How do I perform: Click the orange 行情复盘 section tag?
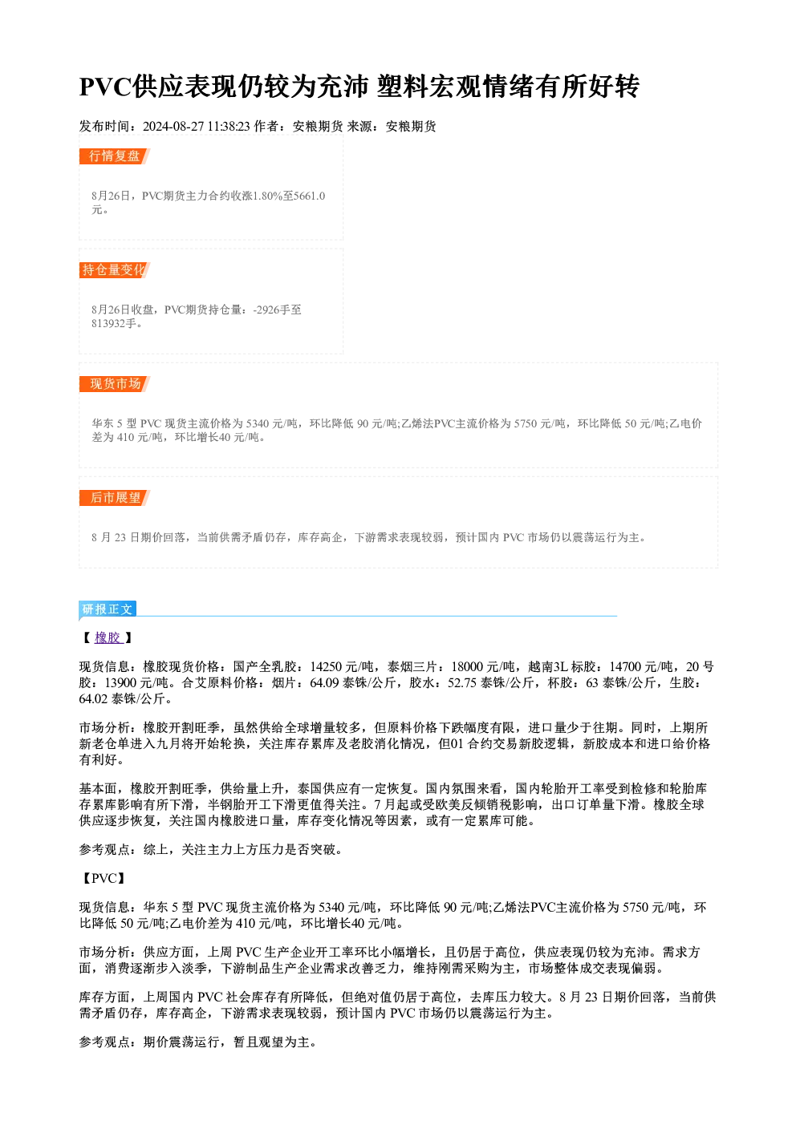[115, 156]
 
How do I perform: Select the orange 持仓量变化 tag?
[115, 270]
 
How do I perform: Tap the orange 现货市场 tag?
[115, 384]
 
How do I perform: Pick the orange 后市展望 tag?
[115, 498]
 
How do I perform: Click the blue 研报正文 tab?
[108, 609]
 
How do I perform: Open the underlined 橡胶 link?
[108, 637]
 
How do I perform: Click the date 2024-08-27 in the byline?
[173, 127]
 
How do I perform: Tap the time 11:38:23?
[229, 127]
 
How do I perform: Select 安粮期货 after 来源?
[411, 127]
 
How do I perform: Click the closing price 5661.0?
[310, 196]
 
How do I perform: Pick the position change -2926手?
[271, 310]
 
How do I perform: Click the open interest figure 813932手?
[114, 323]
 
